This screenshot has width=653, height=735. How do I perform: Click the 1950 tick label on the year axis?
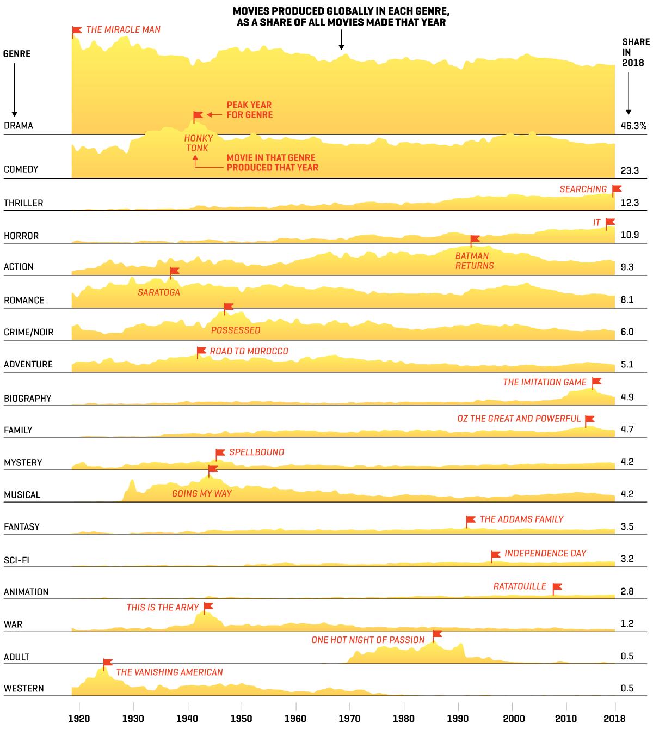coord(241,719)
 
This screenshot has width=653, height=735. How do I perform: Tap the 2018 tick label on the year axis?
coord(614,719)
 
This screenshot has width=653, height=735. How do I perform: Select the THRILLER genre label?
coord(23,203)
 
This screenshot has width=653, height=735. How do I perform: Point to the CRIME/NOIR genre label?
coord(29,332)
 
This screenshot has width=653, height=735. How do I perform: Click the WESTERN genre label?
coord(23,688)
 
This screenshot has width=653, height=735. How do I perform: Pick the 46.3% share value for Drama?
coord(633,126)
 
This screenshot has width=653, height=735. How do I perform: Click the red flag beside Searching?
coord(617,190)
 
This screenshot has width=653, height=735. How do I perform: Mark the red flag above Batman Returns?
coord(475,240)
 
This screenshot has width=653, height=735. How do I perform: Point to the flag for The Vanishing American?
coord(107,664)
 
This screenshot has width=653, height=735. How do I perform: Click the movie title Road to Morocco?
coord(249,351)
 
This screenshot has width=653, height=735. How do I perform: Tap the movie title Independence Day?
coord(545,553)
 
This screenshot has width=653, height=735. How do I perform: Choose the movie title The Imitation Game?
coord(545,382)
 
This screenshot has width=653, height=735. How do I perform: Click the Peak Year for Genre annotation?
coord(249,109)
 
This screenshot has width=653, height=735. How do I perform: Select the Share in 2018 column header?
coord(636,52)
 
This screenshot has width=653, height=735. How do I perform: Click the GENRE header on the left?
coord(17,54)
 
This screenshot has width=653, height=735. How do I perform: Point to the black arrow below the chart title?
coord(341,40)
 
